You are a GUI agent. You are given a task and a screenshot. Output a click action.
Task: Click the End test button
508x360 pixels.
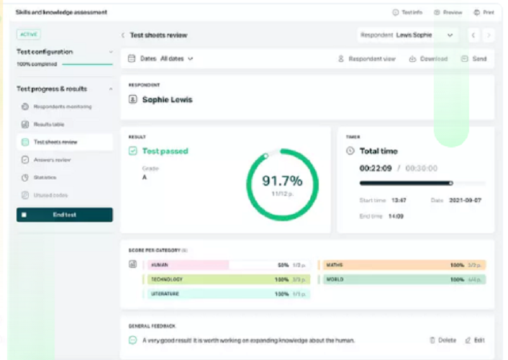64,215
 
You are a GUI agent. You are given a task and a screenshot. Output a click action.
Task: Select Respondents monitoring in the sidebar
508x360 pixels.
63,107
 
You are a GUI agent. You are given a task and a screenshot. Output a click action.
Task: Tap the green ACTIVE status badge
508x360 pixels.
29,35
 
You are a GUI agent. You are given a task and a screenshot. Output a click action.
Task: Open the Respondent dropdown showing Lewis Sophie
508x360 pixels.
407,35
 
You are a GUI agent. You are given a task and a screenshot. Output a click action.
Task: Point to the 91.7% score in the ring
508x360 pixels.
281,181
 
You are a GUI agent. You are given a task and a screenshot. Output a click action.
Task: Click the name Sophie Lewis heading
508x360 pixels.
167,100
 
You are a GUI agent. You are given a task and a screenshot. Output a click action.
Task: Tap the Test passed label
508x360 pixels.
164,151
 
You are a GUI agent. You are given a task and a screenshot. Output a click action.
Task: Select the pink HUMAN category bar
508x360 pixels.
188,265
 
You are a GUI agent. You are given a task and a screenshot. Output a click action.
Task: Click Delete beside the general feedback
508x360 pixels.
443,340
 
